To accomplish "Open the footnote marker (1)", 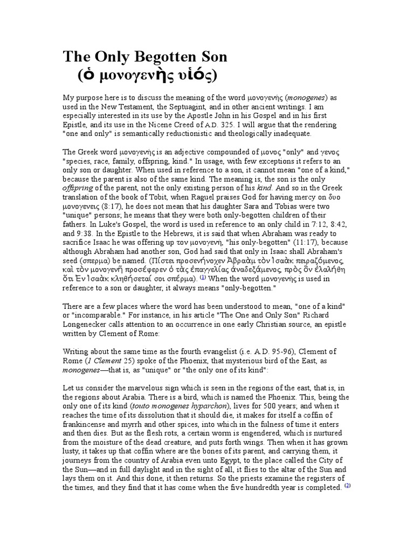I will coord(203,278).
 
